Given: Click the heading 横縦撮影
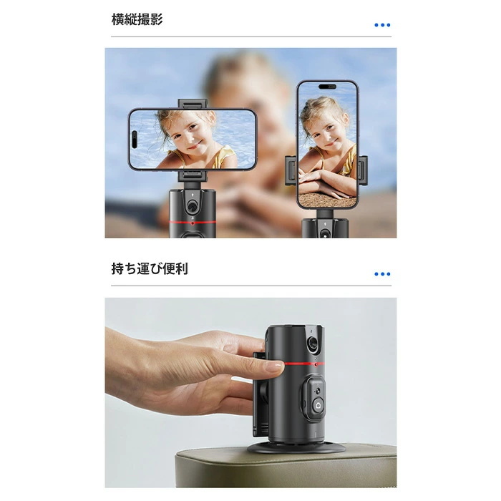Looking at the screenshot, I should point(137,20).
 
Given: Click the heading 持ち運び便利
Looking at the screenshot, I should point(150,269).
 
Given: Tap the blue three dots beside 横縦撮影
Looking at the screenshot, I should point(382,25).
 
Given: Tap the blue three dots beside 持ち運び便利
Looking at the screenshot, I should point(382,274).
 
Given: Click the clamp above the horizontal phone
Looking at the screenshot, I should point(191,104).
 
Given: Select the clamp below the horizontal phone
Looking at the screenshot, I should point(191,176).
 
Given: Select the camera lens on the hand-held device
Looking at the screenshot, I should point(313,344).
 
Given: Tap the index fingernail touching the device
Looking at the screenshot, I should point(273,366).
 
